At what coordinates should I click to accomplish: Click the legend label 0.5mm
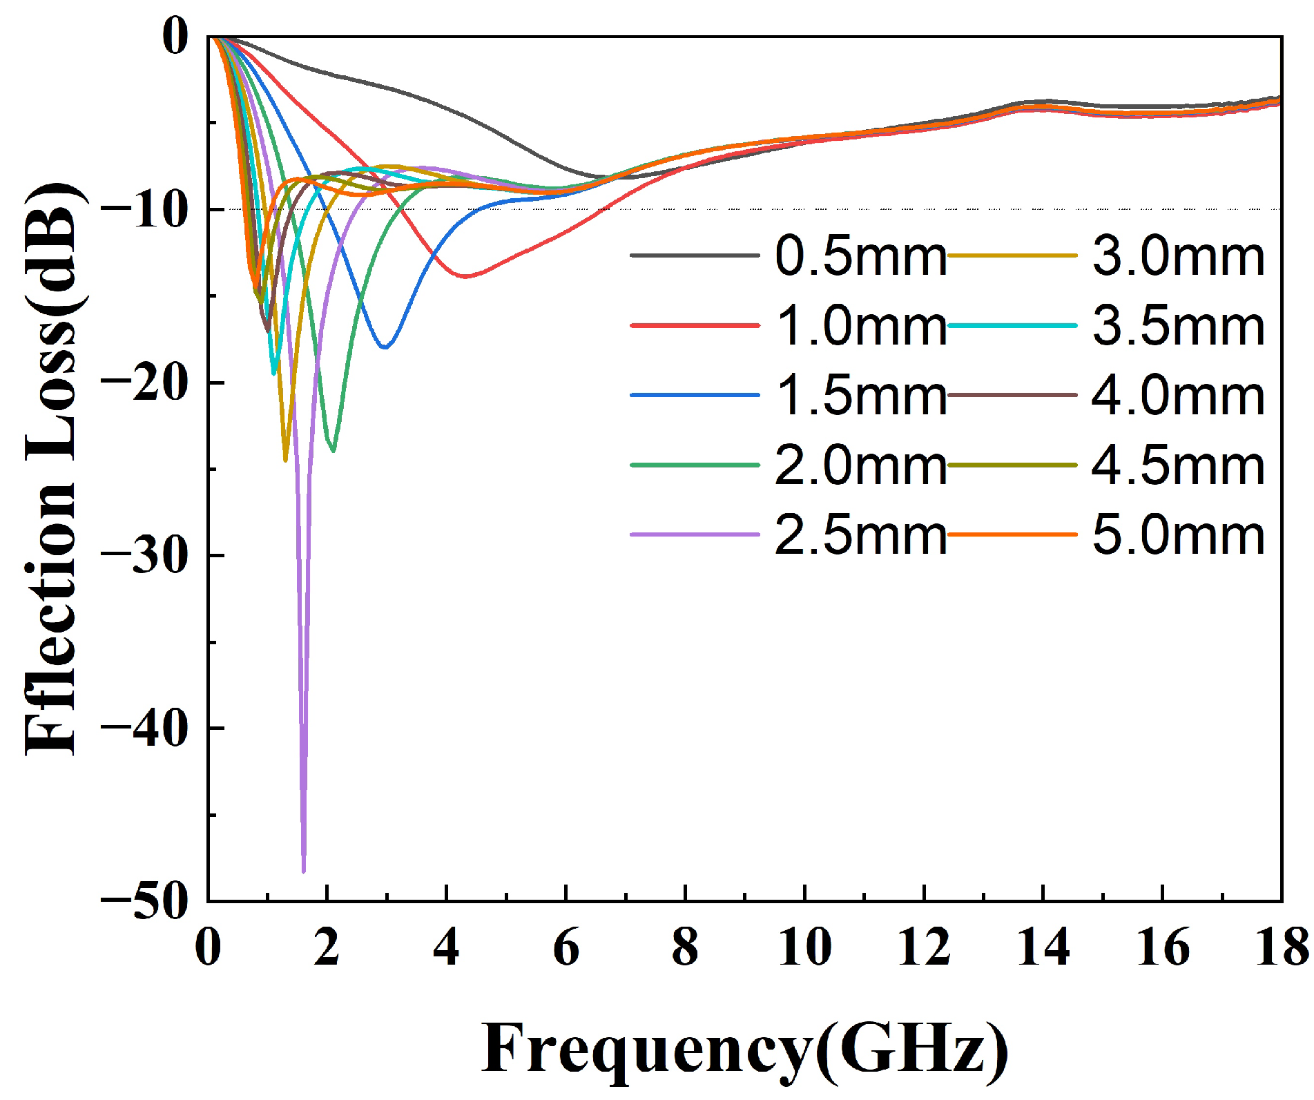[860, 256]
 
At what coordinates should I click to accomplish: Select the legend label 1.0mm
[860, 326]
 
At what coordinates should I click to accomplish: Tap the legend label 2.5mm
[860, 535]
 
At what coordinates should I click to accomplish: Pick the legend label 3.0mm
[1178, 256]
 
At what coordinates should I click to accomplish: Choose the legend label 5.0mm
[1178, 535]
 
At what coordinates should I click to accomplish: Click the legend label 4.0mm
[1178, 396]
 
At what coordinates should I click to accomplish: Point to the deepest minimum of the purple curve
[304, 871]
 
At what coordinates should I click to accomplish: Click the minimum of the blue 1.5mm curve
[385, 347]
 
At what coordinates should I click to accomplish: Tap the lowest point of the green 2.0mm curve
[334, 450]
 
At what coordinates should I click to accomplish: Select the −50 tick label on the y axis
[144, 901]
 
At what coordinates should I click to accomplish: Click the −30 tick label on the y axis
[144, 556]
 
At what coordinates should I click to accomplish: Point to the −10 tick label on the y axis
[144, 209]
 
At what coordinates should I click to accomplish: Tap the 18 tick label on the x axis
[1281, 947]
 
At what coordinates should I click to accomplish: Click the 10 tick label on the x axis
[804, 947]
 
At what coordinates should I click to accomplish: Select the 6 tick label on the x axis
[566, 947]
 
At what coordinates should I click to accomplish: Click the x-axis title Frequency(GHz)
[744, 1049]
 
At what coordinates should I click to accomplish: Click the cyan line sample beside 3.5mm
[1012, 326]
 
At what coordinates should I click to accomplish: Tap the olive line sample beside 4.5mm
[1012, 465]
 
